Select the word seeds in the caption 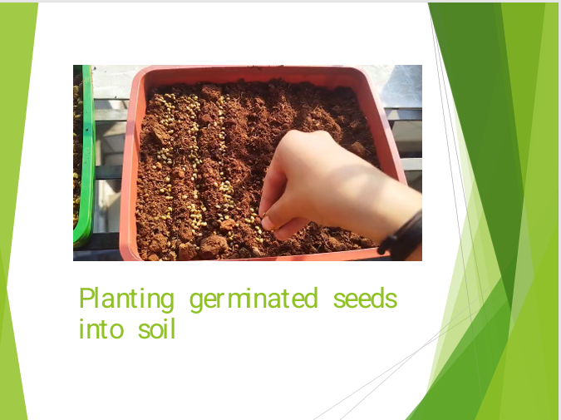pyautogui.click(x=365, y=299)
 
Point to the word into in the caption pyautogui.click(x=101, y=329)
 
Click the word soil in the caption pyautogui.click(x=157, y=329)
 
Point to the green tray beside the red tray pyautogui.click(x=84, y=156)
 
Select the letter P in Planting pyautogui.click(x=86, y=298)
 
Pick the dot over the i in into pyautogui.click(x=81, y=320)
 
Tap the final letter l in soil pyautogui.click(x=173, y=329)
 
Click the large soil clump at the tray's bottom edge pyautogui.click(x=214, y=245)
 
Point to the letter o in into pyautogui.click(x=116, y=330)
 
